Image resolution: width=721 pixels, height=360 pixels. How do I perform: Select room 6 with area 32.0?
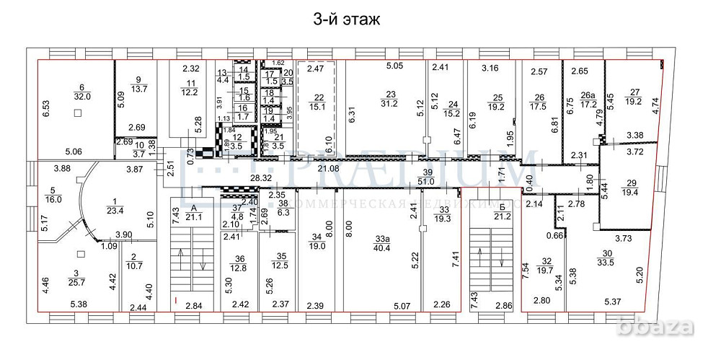coord(81,89)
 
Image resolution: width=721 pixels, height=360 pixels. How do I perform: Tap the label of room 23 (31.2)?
coord(392,98)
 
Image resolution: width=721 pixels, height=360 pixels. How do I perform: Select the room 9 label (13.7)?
coord(138,84)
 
